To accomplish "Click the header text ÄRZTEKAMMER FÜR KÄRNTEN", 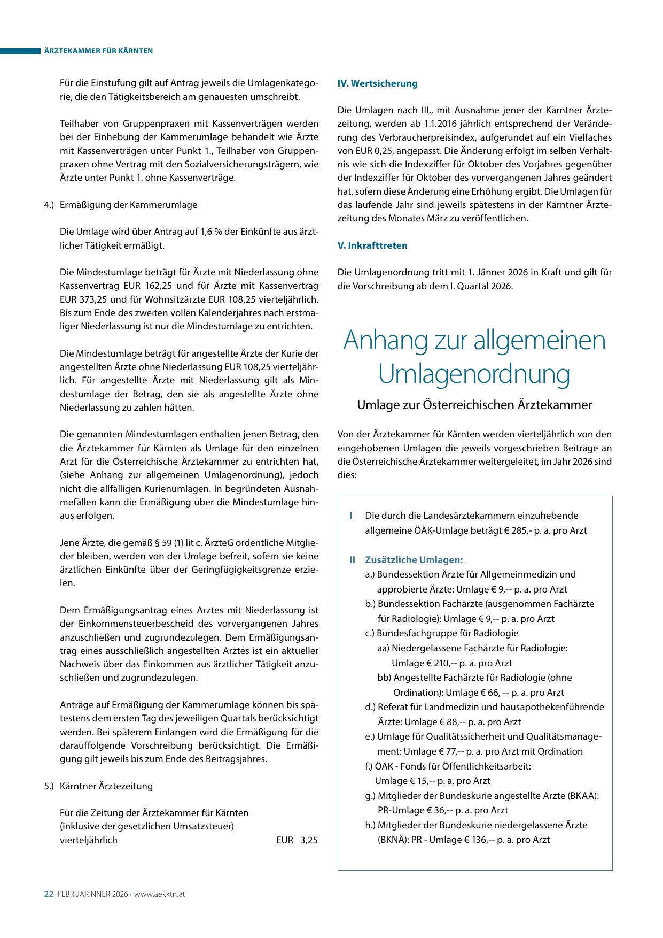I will [98, 51].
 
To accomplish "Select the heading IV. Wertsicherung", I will [377, 83].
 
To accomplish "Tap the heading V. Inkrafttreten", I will [372, 245].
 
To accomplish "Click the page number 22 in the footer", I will [48, 894].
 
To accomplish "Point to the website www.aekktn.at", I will [159, 894].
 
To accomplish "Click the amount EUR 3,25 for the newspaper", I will [297, 840].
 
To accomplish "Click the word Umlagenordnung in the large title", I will [474, 374].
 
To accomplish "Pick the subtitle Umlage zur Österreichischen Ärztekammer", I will [474, 405].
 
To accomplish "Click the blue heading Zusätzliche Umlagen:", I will [414, 560].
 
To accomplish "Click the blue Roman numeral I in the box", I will [350, 516].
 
